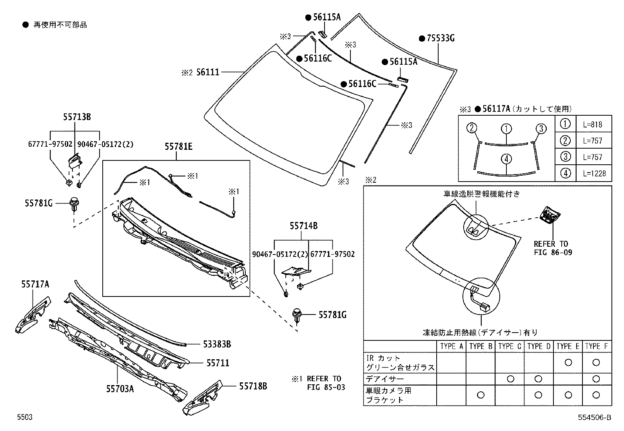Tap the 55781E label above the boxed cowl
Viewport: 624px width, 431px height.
(178, 147)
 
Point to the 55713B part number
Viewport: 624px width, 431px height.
(77, 116)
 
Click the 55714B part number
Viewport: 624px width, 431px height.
(303, 226)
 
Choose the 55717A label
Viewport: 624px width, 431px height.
(35, 284)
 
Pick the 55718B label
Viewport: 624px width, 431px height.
(253, 386)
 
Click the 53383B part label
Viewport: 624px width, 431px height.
(217, 344)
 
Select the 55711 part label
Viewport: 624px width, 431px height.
(218, 363)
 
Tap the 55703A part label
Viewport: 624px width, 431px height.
(120, 389)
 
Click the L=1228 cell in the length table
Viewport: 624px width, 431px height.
(594, 173)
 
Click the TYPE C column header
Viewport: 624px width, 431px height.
(510, 346)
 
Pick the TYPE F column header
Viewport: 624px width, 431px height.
(596, 346)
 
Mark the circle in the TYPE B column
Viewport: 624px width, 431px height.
(481, 395)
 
